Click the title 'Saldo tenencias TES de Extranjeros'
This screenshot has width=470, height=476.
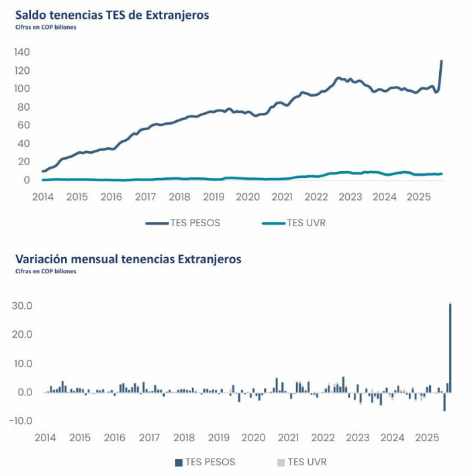coord(112,15)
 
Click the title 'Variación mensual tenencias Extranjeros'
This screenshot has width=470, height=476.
coord(128,258)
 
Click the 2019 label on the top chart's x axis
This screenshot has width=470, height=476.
coord(214,197)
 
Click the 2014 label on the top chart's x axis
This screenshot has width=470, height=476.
coord(43,197)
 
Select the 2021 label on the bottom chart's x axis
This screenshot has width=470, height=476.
coord(288,438)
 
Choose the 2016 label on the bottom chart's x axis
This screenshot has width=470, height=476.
coord(115,438)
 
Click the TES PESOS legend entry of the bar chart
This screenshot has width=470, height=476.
coord(205,462)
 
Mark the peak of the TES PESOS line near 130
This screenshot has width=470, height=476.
coord(441,61)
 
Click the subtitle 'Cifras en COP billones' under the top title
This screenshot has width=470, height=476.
coord(45,28)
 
